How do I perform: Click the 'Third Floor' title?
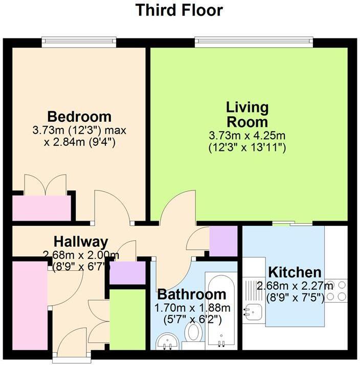pyautogui.click(x=179, y=10)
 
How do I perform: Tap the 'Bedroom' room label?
pyautogui.click(x=79, y=116)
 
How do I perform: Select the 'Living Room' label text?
pyautogui.click(x=247, y=115)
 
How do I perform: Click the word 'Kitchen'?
pyautogui.click(x=295, y=272)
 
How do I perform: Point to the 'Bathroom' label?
pyautogui.click(x=191, y=295)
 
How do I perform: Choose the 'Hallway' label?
pyautogui.click(x=81, y=242)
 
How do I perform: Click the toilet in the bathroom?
pyautogui.click(x=193, y=334)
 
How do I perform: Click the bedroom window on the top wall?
pyautogui.click(x=80, y=39)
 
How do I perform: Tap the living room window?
pyautogui.click(x=253, y=39)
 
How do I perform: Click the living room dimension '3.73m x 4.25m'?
pyautogui.click(x=247, y=136)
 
